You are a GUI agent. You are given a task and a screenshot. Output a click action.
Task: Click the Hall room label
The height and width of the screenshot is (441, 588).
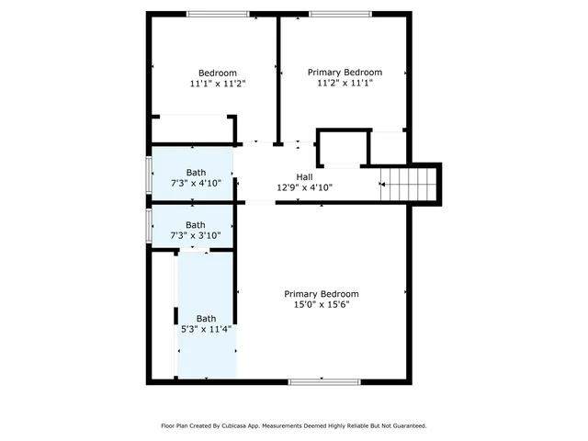[x=304, y=176]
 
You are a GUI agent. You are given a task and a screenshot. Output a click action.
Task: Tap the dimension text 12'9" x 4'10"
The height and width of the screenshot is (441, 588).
[x=304, y=187]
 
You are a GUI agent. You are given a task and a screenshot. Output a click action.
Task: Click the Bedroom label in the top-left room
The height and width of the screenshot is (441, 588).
[x=218, y=73]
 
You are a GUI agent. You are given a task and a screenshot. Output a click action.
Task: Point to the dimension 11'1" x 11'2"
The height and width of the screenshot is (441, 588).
[x=218, y=84]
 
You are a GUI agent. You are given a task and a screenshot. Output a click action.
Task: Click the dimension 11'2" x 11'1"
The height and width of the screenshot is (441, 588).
[x=345, y=83]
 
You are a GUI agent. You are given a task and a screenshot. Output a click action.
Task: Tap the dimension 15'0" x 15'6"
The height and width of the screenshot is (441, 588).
[x=321, y=304]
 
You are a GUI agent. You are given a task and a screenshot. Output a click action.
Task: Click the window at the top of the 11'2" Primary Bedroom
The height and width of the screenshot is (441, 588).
[x=340, y=14]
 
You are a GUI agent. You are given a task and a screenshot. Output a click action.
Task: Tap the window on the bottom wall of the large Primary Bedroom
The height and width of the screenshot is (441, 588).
[x=321, y=381]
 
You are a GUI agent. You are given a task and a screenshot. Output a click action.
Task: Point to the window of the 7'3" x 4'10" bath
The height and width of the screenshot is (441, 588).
[x=148, y=175]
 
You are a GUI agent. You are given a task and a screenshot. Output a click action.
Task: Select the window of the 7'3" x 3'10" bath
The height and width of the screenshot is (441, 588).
[x=148, y=225]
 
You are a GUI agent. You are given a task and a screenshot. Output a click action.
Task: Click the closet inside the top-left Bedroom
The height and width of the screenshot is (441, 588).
[x=195, y=129]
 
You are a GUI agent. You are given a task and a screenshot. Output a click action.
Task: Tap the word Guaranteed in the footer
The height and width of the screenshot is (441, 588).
[x=405, y=426]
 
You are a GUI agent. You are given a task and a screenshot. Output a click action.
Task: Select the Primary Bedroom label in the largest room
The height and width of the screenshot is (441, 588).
[x=321, y=294]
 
